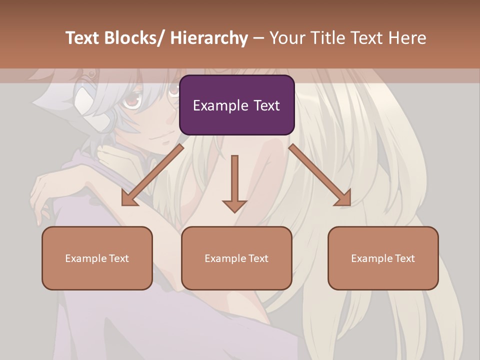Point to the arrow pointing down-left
[x=152, y=175]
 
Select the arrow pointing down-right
[x=320, y=175]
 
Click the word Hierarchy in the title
[x=209, y=38]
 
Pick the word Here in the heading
[x=407, y=38]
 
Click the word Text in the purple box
[x=266, y=105]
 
